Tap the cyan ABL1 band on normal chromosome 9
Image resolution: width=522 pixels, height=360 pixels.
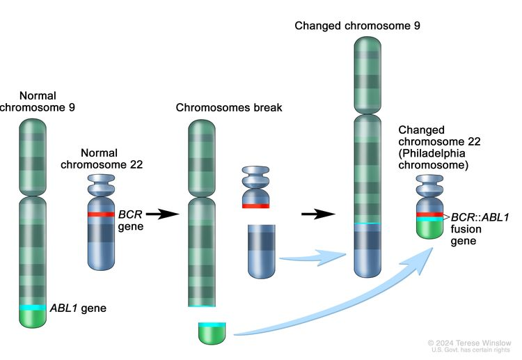tap(33, 307)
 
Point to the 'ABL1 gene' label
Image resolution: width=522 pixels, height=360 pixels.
tap(77, 307)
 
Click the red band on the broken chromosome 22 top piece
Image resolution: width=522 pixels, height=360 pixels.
tap(255, 205)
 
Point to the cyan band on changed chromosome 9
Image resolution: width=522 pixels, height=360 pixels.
tap(367, 223)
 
